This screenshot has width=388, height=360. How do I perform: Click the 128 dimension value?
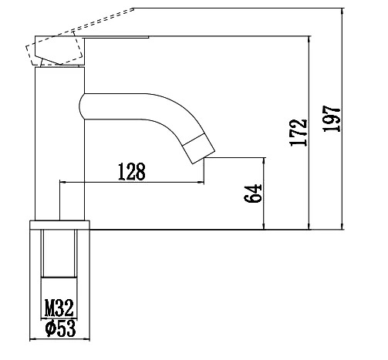tap(132, 171)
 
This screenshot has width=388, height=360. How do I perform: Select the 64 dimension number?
tap(253, 193)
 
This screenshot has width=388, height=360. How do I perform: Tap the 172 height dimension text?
tap(299, 133)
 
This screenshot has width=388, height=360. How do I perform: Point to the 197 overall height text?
tap(332, 119)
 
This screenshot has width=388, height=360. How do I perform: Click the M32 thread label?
tap(59, 308)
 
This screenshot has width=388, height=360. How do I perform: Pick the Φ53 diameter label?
tap(61, 328)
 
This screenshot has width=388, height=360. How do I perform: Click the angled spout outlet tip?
tap(200, 149)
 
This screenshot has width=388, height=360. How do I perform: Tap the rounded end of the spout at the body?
tap(81, 106)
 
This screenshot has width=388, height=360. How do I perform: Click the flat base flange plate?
tap(59, 225)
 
